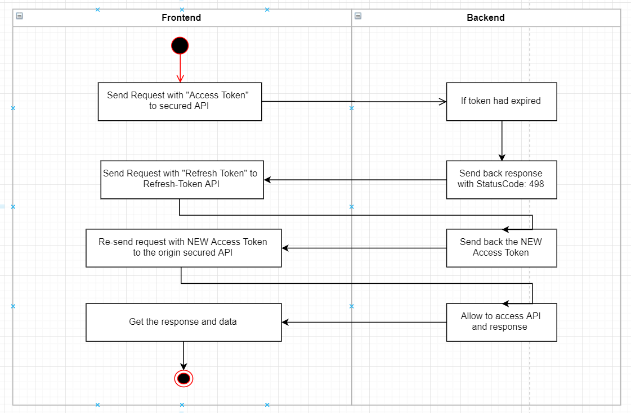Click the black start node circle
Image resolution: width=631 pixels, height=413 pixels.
(x=180, y=46)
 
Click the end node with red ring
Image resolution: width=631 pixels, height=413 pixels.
(x=184, y=379)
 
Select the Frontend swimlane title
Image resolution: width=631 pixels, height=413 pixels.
(x=181, y=17)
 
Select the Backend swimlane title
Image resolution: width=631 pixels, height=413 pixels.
(x=485, y=17)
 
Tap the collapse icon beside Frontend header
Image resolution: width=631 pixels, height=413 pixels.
(x=20, y=16)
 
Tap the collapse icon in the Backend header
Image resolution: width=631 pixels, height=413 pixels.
(x=358, y=16)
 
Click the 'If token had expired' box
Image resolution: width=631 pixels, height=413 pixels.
(x=501, y=102)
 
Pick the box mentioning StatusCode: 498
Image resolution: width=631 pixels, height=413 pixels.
(x=501, y=180)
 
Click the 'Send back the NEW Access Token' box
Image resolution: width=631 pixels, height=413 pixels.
(x=501, y=248)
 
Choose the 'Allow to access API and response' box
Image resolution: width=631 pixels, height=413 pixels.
(x=501, y=322)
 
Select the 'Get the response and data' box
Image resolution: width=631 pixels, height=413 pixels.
(x=183, y=322)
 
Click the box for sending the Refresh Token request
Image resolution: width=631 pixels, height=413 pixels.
(x=182, y=180)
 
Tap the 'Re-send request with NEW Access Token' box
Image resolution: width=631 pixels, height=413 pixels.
(x=183, y=248)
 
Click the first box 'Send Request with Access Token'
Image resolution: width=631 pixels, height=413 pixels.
(x=180, y=102)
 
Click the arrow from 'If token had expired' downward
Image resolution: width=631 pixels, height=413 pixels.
(x=502, y=140)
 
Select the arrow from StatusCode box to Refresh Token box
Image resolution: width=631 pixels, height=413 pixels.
(x=355, y=180)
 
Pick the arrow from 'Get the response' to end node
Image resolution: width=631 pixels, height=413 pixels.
(x=184, y=355)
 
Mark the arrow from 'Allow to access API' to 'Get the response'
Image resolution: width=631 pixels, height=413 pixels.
(x=364, y=322)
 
